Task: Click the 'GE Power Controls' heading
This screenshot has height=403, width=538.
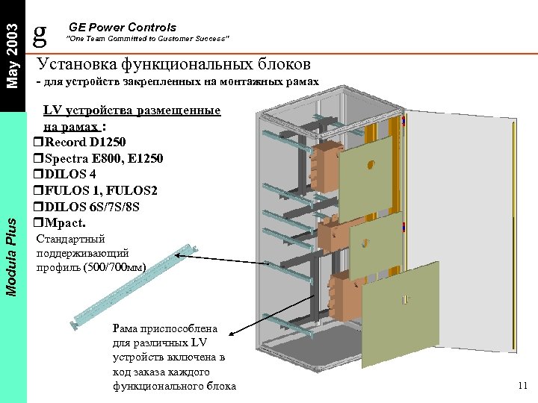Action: pyautogui.click(x=123, y=28)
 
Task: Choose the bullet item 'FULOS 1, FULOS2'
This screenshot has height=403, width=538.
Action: pyautogui.click(x=99, y=190)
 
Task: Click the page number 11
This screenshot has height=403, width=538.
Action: pyautogui.click(x=522, y=385)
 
